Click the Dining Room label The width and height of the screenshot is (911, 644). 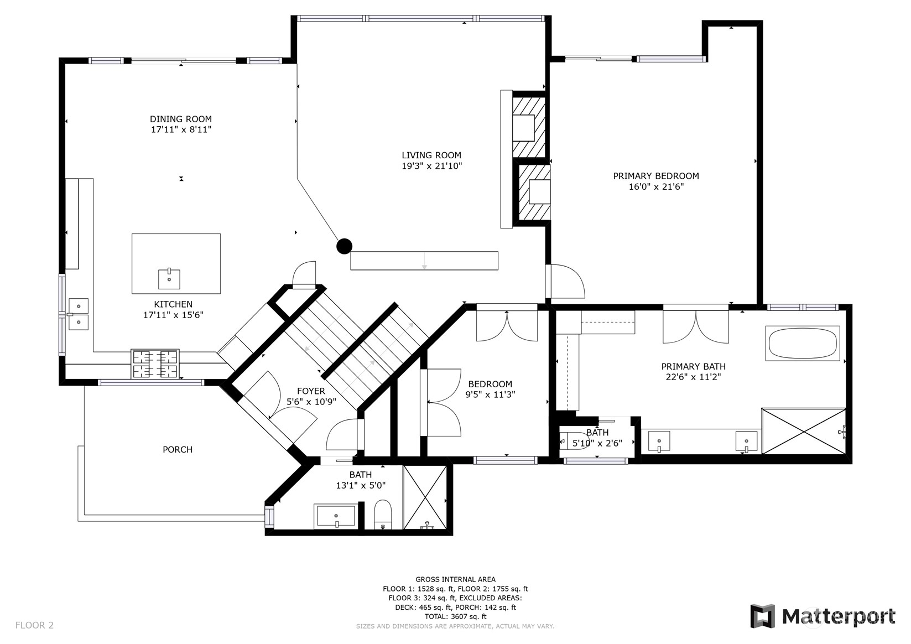(x=180, y=119)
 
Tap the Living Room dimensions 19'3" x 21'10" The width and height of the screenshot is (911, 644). (x=432, y=166)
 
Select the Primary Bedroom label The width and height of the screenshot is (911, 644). (x=656, y=176)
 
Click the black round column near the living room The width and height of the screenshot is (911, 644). (x=344, y=246)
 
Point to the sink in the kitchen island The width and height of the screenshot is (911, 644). (x=169, y=279)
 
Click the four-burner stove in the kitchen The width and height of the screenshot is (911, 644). (x=155, y=364)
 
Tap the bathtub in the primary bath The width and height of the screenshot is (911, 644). (x=803, y=343)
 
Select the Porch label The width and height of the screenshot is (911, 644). (x=178, y=450)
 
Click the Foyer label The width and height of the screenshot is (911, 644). (x=311, y=391)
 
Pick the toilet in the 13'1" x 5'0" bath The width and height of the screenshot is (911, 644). (x=382, y=515)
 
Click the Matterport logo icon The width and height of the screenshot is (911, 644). (x=763, y=616)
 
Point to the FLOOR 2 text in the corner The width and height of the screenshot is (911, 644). (x=34, y=625)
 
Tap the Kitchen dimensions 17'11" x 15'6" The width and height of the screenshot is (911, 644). (x=173, y=315)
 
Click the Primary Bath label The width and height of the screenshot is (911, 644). (x=694, y=367)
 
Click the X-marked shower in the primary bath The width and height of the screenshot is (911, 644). (x=804, y=431)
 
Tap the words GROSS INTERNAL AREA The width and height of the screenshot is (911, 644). (x=456, y=579)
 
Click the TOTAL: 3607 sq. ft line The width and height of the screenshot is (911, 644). (x=456, y=616)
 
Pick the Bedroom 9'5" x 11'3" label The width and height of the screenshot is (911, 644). (x=490, y=389)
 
